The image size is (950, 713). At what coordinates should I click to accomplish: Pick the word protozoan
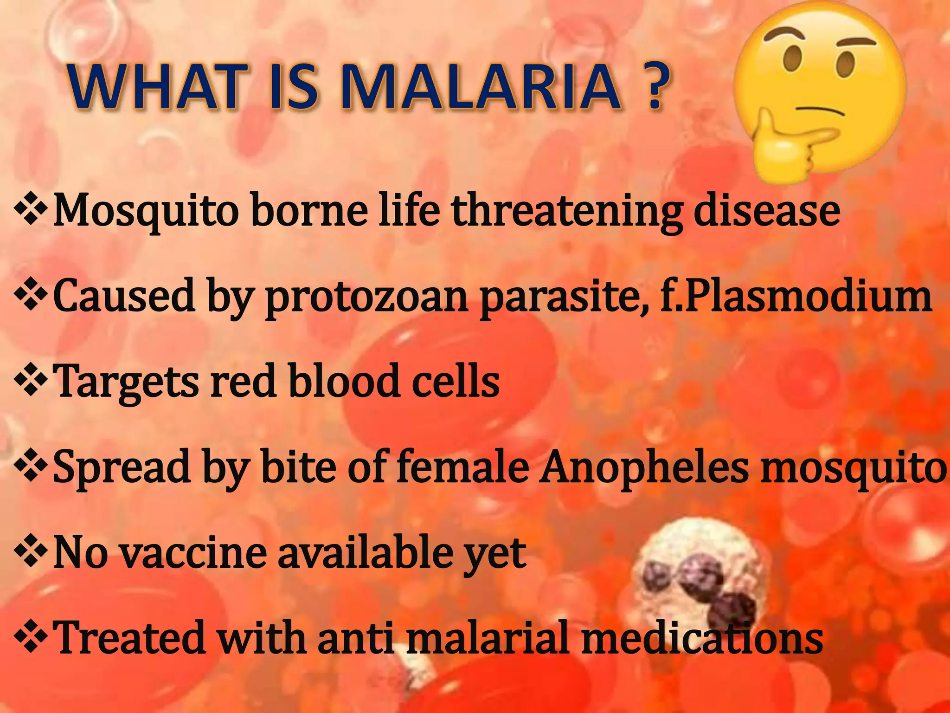point(366,297)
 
